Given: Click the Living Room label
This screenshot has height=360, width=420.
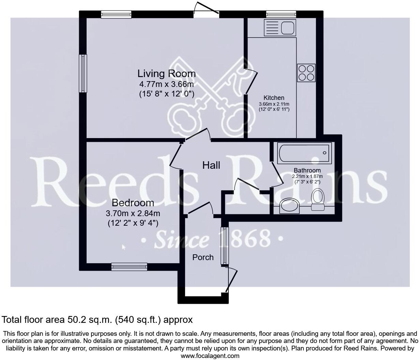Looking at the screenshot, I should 166,73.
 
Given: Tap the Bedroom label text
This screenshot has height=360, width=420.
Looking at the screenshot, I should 133,203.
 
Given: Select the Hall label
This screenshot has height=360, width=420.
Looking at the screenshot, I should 211,165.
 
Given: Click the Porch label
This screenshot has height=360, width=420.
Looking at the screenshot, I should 203,257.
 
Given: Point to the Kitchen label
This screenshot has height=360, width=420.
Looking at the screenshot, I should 274,98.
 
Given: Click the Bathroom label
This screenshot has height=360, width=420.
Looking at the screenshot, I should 307,170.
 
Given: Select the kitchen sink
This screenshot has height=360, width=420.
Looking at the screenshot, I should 280,28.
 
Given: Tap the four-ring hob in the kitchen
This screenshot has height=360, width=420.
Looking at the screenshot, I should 306,73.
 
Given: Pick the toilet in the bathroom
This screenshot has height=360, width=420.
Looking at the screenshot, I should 317,200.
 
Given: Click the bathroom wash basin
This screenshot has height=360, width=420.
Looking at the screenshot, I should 289,206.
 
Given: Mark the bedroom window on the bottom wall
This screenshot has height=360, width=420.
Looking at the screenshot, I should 129,267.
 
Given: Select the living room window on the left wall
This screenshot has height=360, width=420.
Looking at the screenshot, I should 83,73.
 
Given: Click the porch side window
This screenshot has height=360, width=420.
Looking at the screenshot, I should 224,246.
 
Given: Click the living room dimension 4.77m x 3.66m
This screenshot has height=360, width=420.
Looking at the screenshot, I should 166,84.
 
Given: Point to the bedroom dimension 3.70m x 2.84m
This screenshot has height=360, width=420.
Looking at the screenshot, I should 133,214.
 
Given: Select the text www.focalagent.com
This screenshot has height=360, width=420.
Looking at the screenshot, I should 210,356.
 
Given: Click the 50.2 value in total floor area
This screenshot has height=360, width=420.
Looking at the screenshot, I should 75,320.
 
